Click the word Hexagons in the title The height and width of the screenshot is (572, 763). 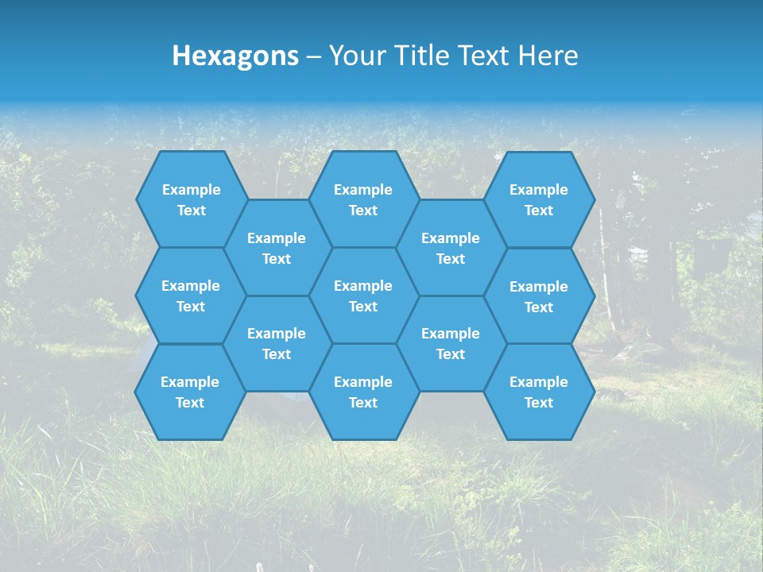[235, 56]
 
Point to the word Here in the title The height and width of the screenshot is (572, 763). [548, 56]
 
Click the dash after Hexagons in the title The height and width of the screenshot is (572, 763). [314, 56]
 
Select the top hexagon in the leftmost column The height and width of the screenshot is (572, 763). [191, 199]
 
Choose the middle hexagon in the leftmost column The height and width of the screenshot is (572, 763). [191, 296]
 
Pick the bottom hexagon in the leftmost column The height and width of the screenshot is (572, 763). [190, 392]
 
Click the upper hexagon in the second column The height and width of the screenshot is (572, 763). [277, 248]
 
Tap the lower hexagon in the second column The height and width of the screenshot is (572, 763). [277, 343]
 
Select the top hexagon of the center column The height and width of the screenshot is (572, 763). [363, 199]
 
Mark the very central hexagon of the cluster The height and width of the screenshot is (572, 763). [363, 296]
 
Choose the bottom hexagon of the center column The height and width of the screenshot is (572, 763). [363, 392]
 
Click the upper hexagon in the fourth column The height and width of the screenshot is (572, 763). [451, 248]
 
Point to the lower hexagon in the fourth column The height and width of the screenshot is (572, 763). [451, 343]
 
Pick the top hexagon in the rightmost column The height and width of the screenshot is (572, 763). [539, 199]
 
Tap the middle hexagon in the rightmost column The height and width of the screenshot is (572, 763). [539, 296]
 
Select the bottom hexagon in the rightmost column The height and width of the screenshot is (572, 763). [539, 392]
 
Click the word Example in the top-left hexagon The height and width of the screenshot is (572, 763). [192, 190]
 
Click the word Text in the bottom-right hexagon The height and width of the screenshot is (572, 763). [539, 403]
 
